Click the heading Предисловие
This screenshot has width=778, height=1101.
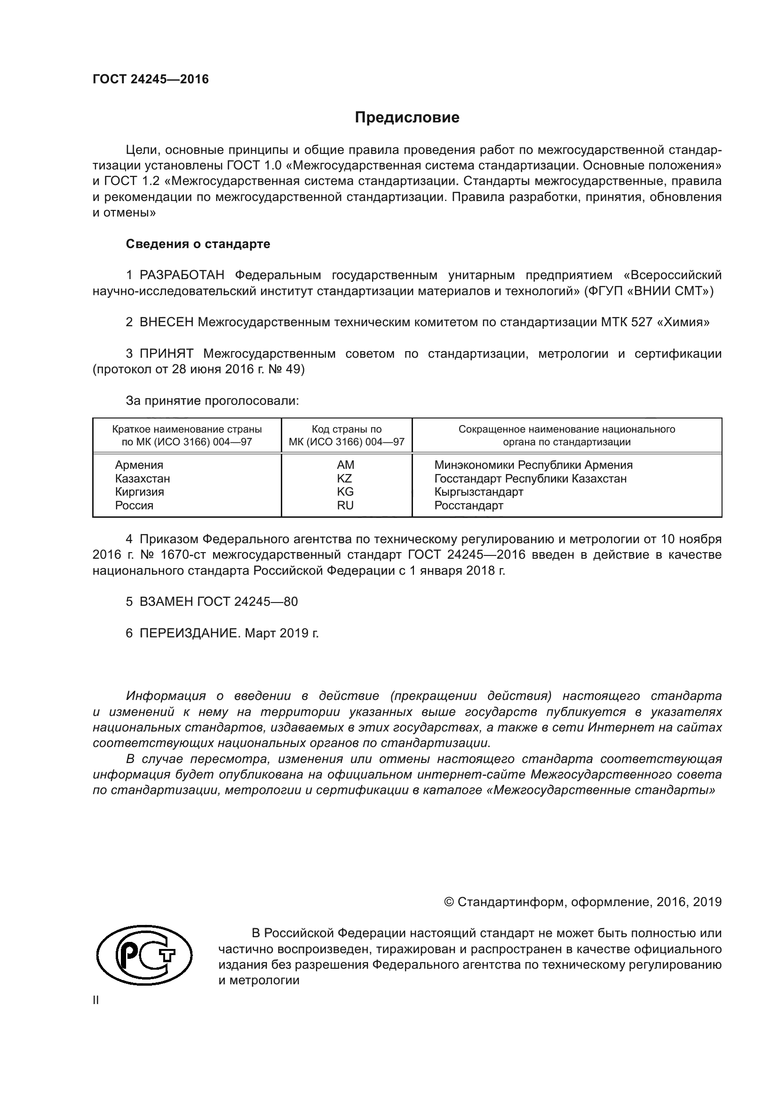[x=407, y=118]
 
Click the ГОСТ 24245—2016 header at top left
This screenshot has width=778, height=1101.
[x=151, y=80]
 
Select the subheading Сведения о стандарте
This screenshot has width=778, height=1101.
[x=198, y=244]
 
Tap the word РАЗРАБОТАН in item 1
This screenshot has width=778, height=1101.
[x=182, y=275]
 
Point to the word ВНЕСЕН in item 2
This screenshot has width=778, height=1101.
[x=166, y=322]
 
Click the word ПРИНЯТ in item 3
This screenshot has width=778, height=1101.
[x=166, y=354]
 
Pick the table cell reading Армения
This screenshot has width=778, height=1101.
[x=139, y=465]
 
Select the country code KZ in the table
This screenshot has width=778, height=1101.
[x=344, y=478]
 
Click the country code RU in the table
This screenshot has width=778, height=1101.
[x=345, y=505]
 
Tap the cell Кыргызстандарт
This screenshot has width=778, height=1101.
[x=478, y=491]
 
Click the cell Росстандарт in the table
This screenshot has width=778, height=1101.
[x=468, y=505]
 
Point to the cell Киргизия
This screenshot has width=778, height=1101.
[x=139, y=491]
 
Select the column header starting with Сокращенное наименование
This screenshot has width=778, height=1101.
[x=566, y=435]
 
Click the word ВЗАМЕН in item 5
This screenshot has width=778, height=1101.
[x=166, y=602]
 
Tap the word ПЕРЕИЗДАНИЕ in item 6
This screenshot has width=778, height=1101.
[x=189, y=634]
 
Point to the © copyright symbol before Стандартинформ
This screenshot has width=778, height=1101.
[x=449, y=902]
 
